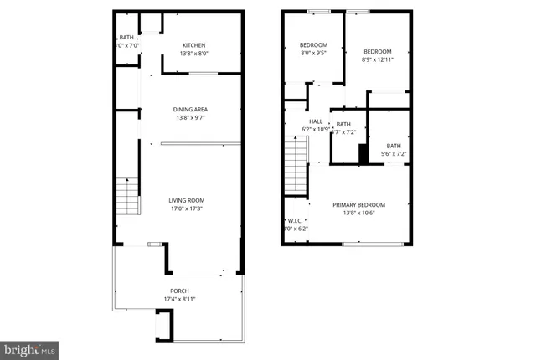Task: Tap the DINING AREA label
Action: click(190, 110)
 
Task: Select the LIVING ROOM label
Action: click(186, 200)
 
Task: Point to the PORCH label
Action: click(180, 291)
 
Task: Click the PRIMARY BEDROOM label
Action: click(358, 205)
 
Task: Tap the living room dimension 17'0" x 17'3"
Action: click(186, 208)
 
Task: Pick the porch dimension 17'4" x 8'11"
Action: click(180, 299)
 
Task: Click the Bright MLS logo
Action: click(30, 347)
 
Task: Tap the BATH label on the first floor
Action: click(126, 38)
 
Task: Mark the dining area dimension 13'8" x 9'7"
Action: click(190, 118)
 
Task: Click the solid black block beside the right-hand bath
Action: click(363, 155)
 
